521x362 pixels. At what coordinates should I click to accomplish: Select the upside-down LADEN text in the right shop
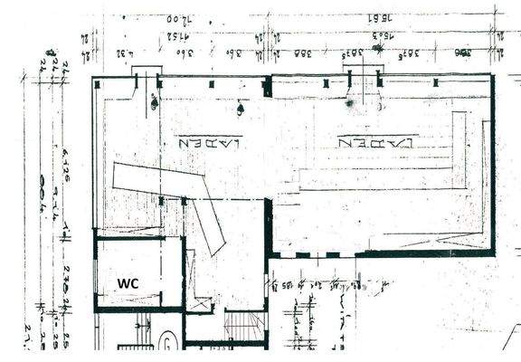(376, 142)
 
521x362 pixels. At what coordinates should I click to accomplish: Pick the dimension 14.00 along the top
(180, 17)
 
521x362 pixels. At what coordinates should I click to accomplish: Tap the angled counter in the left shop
(172, 189)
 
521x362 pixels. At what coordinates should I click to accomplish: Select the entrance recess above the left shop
(146, 72)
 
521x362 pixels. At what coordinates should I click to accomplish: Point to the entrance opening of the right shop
(365, 81)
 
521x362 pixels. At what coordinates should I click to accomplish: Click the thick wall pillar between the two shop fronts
(267, 87)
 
